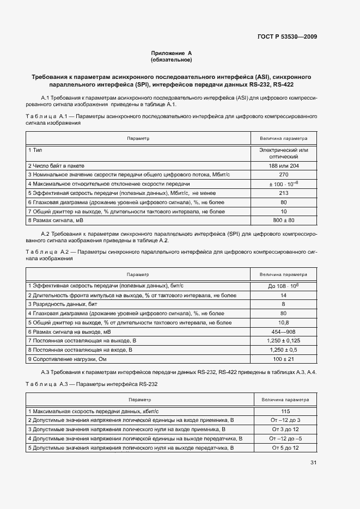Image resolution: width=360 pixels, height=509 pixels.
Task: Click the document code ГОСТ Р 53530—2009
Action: coord(286,37)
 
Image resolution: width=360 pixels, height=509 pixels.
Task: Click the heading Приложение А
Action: coord(172,53)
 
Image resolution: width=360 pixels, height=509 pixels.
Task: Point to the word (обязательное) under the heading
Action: coord(172,60)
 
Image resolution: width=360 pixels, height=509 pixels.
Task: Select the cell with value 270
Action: coord(283,174)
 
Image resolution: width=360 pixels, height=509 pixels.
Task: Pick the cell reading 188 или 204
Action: coord(283,165)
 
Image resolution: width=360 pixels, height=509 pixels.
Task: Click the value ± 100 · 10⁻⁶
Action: coord(283,183)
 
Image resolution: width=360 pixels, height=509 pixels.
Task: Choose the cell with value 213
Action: coord(283,193)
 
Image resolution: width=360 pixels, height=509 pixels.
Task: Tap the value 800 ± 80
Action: coord(283,220)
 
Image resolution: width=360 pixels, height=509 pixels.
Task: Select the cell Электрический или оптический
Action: coord(283,152)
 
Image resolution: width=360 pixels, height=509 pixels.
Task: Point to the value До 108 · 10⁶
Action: coord(283,285)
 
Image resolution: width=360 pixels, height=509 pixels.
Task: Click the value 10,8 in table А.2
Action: coord(283,322)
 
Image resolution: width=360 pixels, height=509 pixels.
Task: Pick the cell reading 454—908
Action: coord(283,332)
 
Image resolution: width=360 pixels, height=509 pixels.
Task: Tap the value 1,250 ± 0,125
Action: coord(283,341)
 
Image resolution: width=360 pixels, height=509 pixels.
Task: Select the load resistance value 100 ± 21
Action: coord(283,359)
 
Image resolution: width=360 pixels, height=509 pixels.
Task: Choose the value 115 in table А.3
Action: coord(285,411)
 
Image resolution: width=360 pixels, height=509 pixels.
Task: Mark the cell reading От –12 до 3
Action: coord(285,420)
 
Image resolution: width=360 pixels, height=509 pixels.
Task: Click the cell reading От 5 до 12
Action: coord(285,447)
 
